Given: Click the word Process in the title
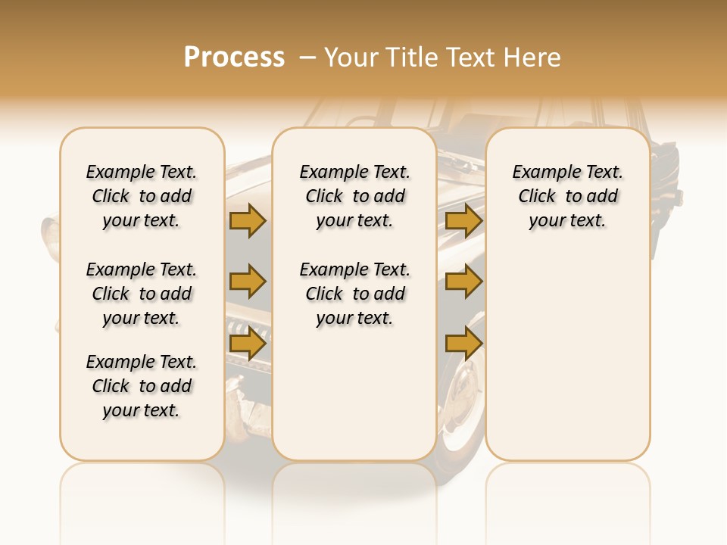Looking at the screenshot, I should point(234,58).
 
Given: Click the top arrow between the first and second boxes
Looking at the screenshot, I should point(248,220).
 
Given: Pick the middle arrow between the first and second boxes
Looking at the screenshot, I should point(248,282).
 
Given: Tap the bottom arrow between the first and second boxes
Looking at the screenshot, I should point(248,344).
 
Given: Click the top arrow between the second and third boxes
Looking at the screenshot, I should point(463,220).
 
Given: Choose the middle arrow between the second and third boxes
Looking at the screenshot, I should point(463,282).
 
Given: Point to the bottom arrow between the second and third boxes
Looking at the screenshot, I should point(463,344).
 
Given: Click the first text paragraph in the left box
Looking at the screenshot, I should point(142,196).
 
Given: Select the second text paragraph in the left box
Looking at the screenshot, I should point(142,294).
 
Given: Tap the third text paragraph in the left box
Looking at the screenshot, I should point(142,386).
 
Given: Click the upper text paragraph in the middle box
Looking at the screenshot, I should point(355,196).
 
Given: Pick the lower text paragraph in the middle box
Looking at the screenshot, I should point(355,294).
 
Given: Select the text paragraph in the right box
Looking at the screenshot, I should point(568,196).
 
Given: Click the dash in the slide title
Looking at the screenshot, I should point(307,58).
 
